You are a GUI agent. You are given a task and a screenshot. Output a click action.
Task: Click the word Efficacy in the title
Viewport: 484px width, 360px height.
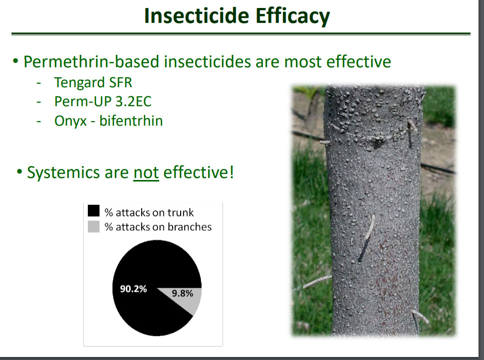coord(292,16)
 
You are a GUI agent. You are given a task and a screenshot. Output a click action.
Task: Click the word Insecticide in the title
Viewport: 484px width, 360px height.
coord(196,15)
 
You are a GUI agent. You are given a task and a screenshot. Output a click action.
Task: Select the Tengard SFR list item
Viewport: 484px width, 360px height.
coord(93,82)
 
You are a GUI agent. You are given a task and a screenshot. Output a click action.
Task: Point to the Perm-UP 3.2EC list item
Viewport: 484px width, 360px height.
coord(103,101)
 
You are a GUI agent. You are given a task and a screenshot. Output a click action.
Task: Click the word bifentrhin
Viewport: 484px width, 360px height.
coord(131,120)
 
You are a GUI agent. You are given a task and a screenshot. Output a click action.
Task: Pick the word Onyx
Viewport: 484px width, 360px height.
coord(70,121)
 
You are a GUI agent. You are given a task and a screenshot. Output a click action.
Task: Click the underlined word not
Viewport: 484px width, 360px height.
coord(146,173)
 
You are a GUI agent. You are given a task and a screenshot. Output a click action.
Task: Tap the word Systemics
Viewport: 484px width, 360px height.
coord(63,173)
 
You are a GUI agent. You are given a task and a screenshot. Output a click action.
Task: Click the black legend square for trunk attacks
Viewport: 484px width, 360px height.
coord(93,211)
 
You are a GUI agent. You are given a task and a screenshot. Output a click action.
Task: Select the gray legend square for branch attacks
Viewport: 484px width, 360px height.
coord(93,227)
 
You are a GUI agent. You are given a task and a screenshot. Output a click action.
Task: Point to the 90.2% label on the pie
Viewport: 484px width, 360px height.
coord(133,289)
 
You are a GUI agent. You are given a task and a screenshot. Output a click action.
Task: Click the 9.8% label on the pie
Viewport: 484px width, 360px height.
coord(183,293)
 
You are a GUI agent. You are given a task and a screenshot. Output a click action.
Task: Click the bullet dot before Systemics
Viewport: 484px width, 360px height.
coord(19,171)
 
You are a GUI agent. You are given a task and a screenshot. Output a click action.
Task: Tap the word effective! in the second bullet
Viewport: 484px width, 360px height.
coord(198,172)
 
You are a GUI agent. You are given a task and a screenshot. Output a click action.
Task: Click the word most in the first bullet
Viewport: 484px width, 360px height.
coord(303,62)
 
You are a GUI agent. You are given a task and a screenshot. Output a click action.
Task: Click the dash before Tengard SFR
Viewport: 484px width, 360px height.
coord(39,83)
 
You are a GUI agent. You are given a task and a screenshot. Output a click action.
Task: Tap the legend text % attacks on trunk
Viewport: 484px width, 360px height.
coord(149,212)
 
